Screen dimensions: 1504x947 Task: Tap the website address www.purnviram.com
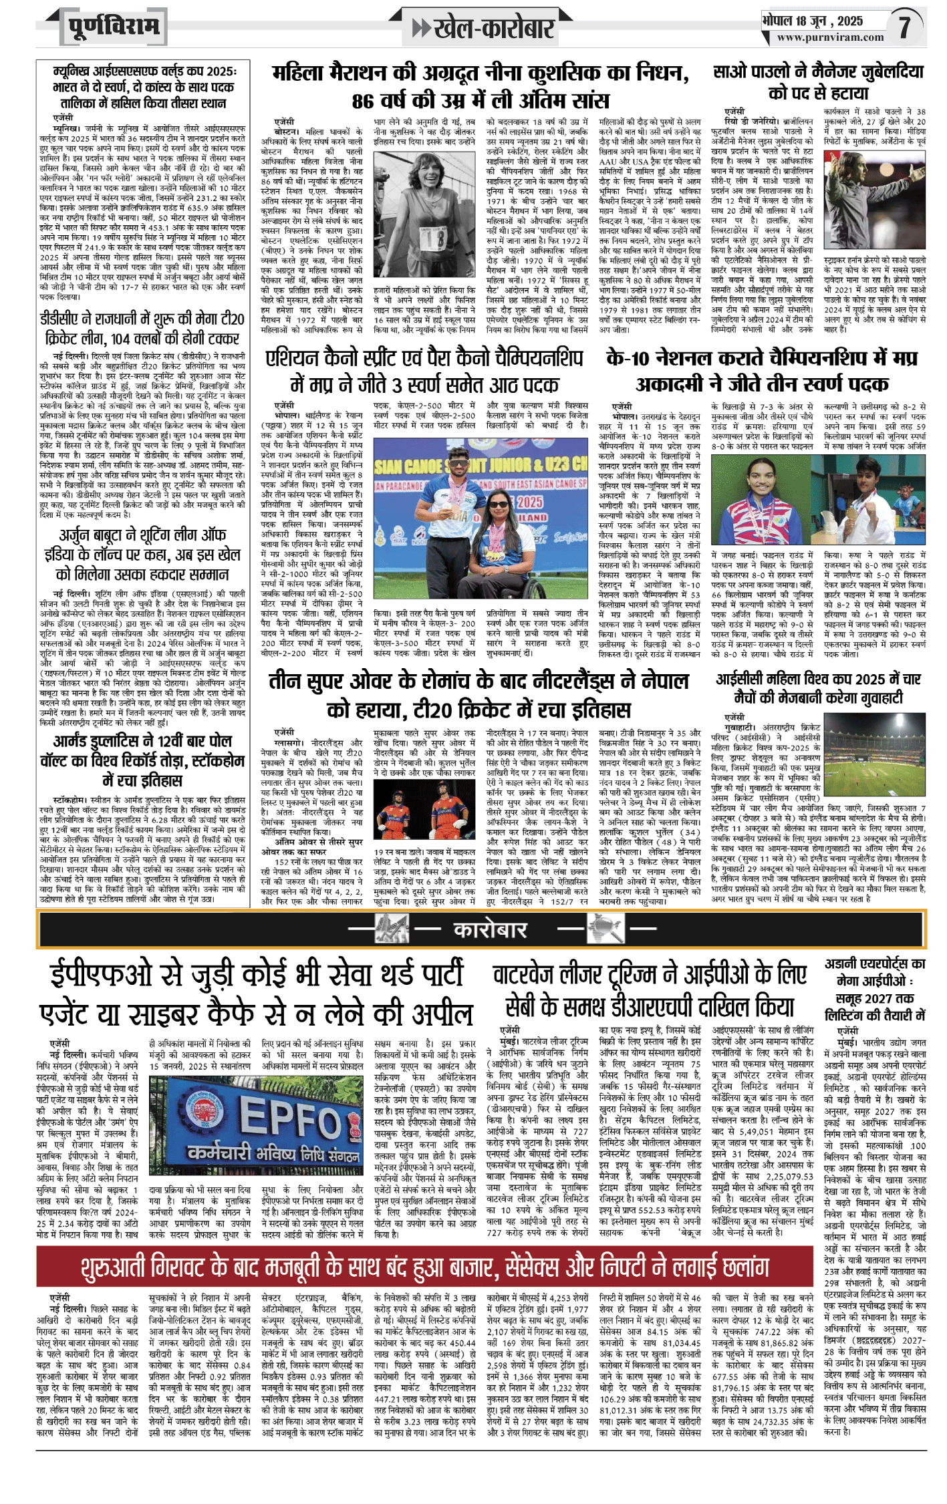pyautogui.click(x=830, y=37)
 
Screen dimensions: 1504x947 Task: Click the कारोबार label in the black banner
pyautogui.click(x=491, y=929)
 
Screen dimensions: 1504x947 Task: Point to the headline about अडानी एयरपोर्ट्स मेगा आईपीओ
pyautogui.click(x=874, y=990)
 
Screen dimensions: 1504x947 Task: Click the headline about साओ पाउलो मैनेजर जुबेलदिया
pyautogui.click(x=818, y=82)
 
